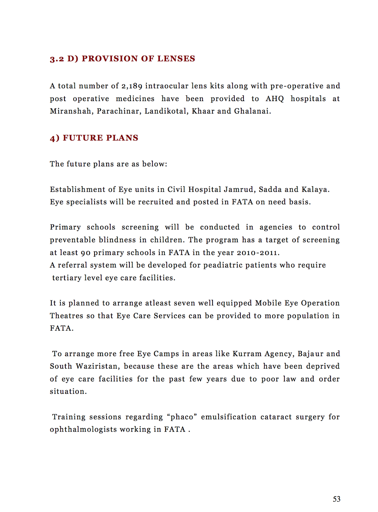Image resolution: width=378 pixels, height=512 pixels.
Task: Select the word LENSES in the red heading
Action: [x=176, y=59]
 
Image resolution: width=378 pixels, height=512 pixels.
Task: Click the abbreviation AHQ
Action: [x=275, y=99]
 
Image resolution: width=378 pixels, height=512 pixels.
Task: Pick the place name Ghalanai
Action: [x=252, y=111]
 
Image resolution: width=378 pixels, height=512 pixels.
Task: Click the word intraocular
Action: [x=167, y=86]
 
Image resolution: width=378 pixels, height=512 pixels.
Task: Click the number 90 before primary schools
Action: [x=86, y=253]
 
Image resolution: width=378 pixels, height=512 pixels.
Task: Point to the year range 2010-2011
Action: [x=258, y=253]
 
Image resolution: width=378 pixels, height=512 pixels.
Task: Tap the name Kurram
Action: [x=247, y=354]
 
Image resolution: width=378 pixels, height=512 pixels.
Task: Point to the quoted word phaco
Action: [x=182, y=417]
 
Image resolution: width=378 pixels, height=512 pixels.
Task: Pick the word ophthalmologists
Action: [x=83, y=429]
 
